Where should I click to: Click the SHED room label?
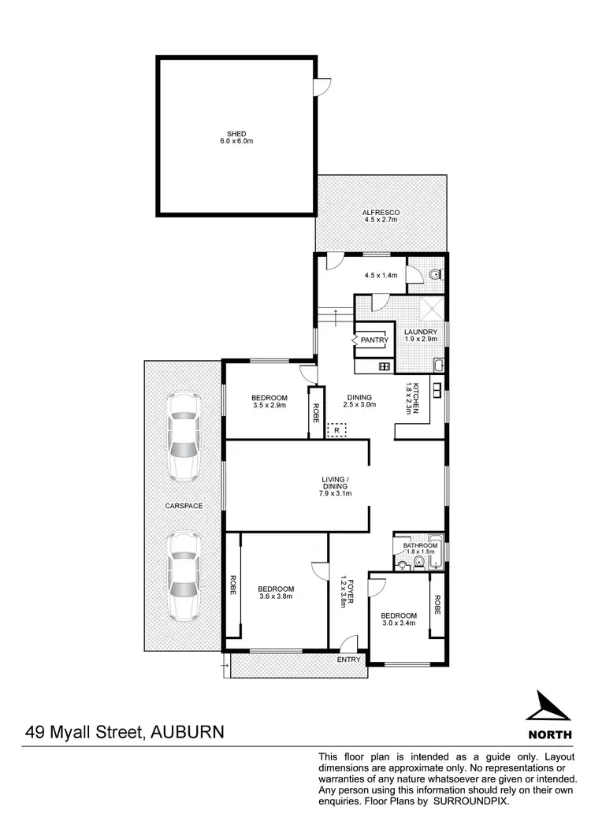[237, 133]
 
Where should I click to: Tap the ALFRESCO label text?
[381, 213]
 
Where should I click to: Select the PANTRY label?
[374, 340]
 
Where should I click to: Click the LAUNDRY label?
[420, 332]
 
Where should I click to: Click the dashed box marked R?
[337, 430]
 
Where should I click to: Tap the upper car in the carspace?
[183, 436]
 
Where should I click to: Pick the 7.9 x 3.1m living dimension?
[335, 493]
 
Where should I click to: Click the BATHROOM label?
[420, 545]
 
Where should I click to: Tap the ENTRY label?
[348, 660]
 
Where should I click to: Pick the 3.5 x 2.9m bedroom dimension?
[269, 406]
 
